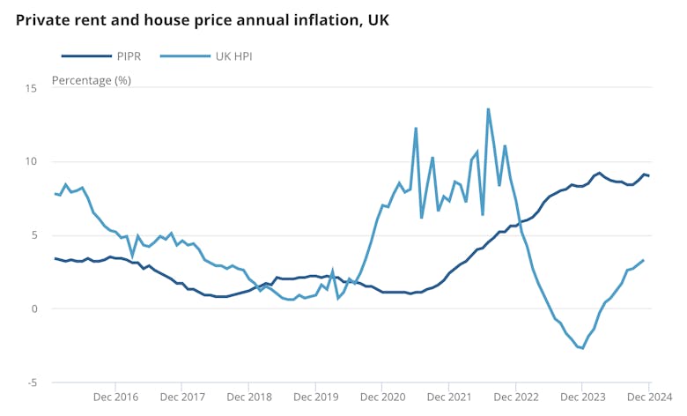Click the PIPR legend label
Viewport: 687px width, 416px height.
[x=126, y=56]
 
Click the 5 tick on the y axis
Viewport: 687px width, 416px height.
[x=33, y=234]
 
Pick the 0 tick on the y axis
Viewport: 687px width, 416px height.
[x=33, y=308]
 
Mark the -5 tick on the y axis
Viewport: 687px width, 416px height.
[x=31, y=382]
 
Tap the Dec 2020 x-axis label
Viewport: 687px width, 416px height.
[x=381, y=397]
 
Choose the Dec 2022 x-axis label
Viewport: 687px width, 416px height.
[x=515, y=397]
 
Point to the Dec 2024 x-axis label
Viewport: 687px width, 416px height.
[x=649, y=397]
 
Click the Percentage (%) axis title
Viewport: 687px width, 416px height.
[x=92, y=80]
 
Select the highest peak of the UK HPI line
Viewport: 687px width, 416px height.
[x=488, y=109]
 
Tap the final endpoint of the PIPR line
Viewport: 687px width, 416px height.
[x=649, y=175]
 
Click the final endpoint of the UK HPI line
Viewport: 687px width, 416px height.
[x=643, y=260]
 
